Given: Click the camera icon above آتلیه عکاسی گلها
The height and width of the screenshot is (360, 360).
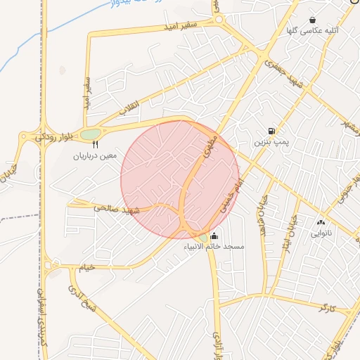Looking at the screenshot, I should tap(312, 20).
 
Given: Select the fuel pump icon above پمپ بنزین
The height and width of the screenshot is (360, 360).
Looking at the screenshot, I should tap(271, 131).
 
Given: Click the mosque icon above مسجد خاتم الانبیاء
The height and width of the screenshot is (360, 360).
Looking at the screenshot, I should tap(214, 236).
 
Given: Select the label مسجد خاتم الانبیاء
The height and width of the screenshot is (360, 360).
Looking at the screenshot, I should tap(214, 247).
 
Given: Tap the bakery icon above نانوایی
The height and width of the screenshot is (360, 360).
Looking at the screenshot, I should tap(321, 222).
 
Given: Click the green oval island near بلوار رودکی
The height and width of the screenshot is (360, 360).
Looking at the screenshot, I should tap(90, 134).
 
